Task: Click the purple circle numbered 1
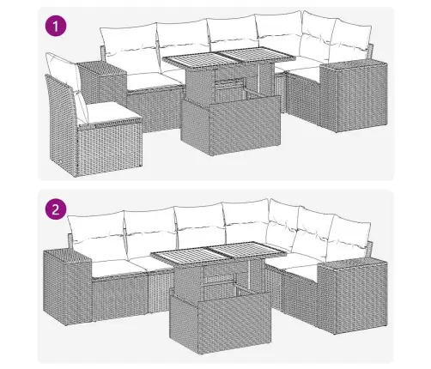(56, 26)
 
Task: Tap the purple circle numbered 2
(56, 209)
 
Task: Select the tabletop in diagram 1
(229, 57)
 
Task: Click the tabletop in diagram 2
(219, 252)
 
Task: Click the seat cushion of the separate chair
(113, 113)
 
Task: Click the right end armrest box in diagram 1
(354, 96)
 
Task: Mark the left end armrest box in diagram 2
(68, 286)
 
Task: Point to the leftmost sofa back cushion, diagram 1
(131, 49)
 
